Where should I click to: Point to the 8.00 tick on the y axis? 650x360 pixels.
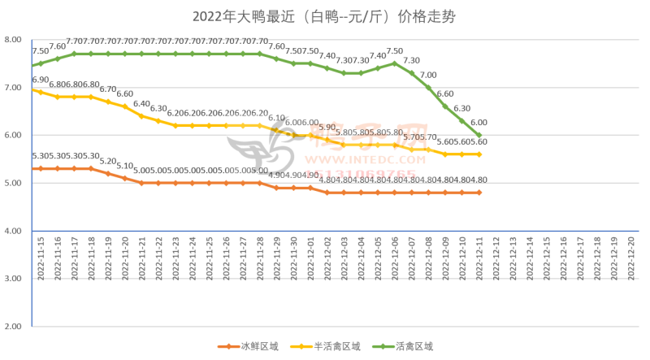(13, 39)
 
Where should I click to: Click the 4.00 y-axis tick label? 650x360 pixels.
(13, 231)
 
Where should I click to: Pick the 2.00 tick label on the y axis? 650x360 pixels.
(13, 326)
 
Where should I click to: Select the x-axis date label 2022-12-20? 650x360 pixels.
(630, 256)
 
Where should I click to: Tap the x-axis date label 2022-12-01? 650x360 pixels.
(310, 256)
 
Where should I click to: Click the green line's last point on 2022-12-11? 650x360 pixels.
(479, 135)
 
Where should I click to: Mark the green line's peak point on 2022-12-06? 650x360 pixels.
(394, 63)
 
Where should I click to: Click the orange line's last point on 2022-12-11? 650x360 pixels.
(479, 193)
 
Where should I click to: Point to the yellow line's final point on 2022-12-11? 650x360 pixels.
(479, 154)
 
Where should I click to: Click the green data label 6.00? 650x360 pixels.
(479, 122)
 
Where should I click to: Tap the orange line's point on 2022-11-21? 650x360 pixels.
(141, 183)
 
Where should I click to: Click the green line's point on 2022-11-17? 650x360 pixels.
(74, 54)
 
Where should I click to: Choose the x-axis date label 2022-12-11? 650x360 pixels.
(479, 256)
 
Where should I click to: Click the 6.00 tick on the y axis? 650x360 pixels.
(13, 135)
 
